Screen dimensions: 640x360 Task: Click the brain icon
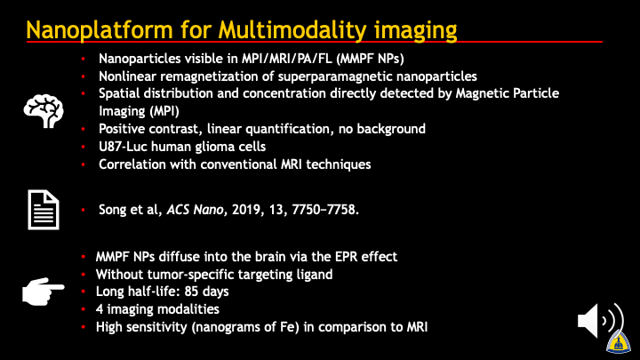click(44, 111)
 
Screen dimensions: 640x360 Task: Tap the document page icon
click(44, 210)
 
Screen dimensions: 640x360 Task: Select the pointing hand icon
click(43, 291)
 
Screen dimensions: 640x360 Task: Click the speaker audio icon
click(600, 321)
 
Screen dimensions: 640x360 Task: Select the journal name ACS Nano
click(195, 210)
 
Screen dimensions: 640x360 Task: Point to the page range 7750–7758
click(325, 210)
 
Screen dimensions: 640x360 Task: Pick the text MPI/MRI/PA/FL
click(287, 59)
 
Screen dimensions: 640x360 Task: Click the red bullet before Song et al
click(84, 210)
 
